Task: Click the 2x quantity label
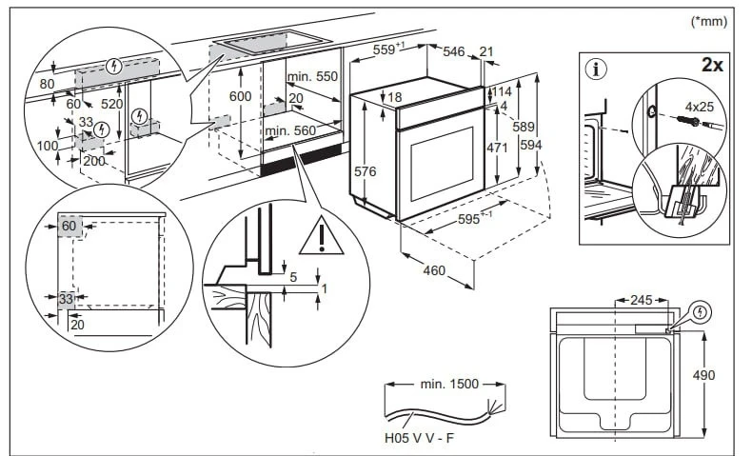[712, 68]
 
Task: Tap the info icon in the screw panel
[597, 69]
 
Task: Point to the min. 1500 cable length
[448, 384]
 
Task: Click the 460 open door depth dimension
[433, 271]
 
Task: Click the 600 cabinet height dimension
[241, 97]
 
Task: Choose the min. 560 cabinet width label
[290, 129]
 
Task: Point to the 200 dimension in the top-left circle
[94, 161]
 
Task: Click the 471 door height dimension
[497, 149]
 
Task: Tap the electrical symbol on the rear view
[702, 311]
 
